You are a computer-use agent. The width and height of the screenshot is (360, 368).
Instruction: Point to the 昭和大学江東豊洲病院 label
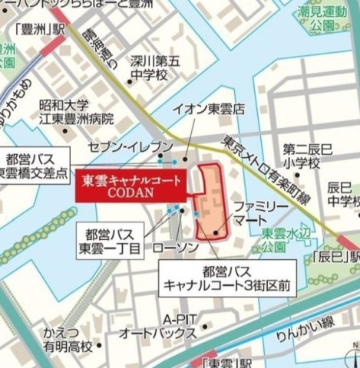pos(75,112)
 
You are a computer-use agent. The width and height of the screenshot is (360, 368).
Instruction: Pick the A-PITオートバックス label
pos(157,327)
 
